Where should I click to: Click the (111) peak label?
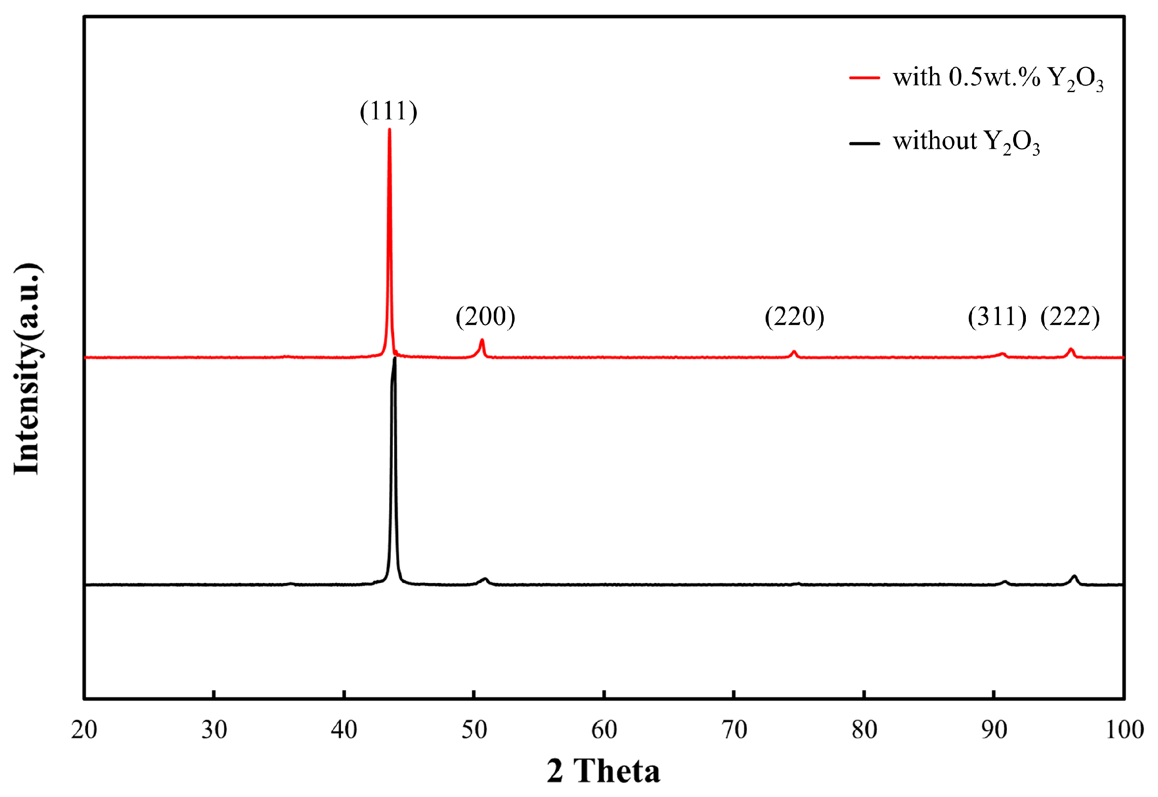click(x=389, y=111)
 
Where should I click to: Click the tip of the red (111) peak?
click(x=389, y=130)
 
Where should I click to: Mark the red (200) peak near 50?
click(x=482, y=340)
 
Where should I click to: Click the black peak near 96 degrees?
click(x=1074, y=577)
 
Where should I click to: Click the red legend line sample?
click(x=864, y=77)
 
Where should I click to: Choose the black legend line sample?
click(x=864, y=144)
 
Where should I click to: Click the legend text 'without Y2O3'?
click(x=966, y=142)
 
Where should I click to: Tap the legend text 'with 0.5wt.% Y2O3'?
click(x=998, y=78)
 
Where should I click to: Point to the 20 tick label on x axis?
click(x=84, y=730)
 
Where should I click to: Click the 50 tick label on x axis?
click(x=474, y=730)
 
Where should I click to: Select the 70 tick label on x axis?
click(x=734, y=730)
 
